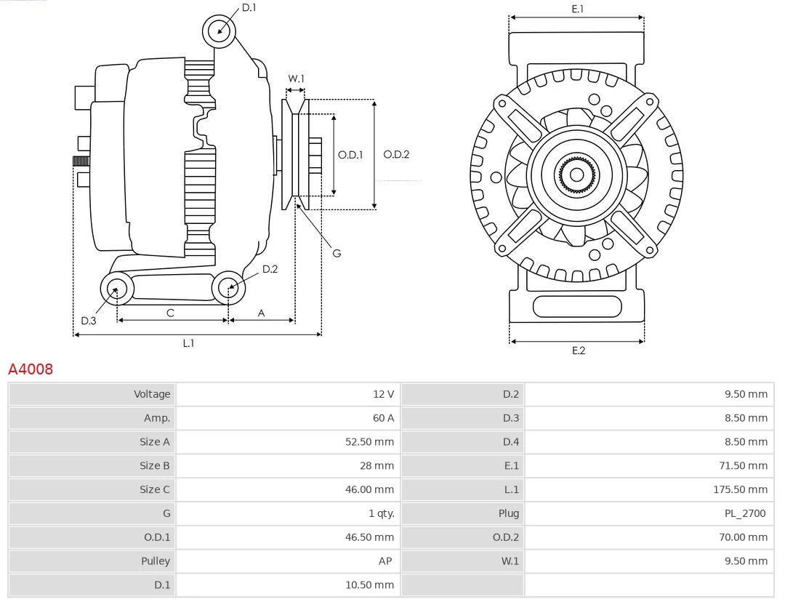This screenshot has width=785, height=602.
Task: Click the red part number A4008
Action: [x=31, y=369]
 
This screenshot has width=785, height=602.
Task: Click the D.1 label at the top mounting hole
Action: [x=249, y=7]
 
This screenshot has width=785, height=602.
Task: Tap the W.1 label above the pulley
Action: [x=296, y=79]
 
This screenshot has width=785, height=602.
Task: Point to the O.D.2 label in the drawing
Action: [x=396, y=154]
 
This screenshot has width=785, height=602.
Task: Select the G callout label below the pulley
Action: [x=337, y=254]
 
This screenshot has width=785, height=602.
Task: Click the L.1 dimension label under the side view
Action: [x=188, y=343]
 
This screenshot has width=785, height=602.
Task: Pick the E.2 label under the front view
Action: [x=578, y=350]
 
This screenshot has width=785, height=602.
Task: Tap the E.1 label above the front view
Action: [x=578, y=9]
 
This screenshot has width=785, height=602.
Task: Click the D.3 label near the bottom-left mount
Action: [x=88, y=321]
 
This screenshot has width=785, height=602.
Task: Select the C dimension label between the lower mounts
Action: [x=170, y=313]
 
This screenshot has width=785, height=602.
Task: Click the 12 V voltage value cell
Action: [x=383, y=394]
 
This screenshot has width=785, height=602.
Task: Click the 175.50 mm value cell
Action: [x=740, y=489]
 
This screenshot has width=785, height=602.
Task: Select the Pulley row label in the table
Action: [x=156, y=561]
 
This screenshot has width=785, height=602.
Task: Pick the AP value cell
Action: [x=386, y=561]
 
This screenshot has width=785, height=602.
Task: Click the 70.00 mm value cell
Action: [x=743, y=537]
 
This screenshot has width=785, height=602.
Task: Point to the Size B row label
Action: [x=155, y=465]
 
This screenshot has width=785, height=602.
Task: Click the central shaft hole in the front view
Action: [x=577, y=174]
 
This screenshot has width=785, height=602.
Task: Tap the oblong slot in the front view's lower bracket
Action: [x=577, y=306]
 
